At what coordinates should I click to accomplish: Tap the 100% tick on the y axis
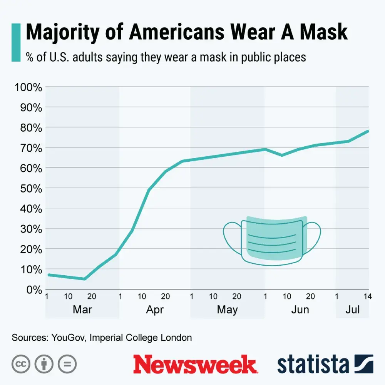pos(28,87)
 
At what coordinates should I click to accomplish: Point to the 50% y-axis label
pos(30,188)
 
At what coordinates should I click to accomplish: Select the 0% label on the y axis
pos(32,290)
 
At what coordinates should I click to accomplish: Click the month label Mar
pos(82,310)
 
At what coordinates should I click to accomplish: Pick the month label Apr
pos(155,310)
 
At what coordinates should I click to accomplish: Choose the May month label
pos(227,310)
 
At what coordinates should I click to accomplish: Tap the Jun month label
pos(300,310)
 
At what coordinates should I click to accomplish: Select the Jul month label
pos(353,310)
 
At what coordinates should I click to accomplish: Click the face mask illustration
pos(272,240)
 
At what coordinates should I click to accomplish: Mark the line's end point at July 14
pos(368,131)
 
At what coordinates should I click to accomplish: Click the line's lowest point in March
pos(84,279)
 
